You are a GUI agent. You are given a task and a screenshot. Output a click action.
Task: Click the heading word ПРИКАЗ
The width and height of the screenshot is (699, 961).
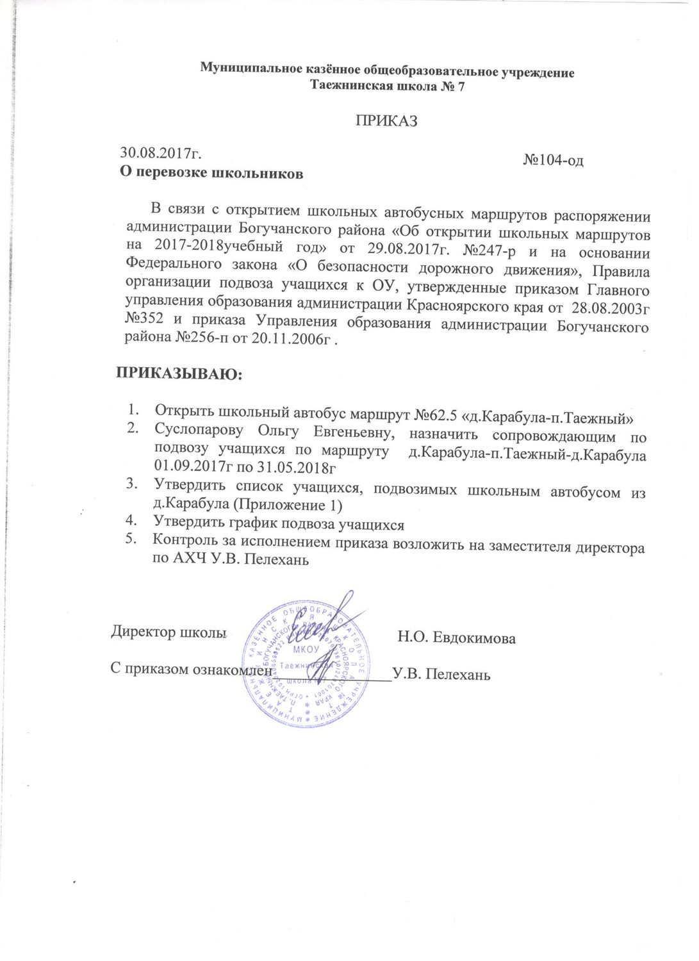pos(386,120)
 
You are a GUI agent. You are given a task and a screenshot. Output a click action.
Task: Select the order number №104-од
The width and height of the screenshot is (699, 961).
pos(553,160)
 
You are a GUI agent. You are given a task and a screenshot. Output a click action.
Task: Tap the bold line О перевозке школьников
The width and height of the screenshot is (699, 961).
pos(212,172)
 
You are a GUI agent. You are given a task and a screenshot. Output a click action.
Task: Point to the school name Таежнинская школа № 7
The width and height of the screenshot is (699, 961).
pos(387,86)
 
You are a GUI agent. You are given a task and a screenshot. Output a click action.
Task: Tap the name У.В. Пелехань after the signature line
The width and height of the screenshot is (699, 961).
pos(442,674)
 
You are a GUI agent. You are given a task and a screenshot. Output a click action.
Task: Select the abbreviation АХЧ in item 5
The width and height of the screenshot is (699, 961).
pos(191,559)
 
